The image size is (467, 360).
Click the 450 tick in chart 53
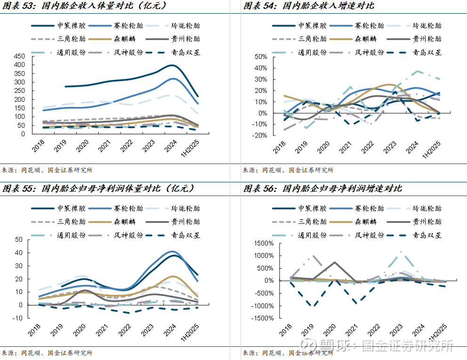pyautogui.click(x=19, y=56)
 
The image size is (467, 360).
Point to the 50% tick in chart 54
pyautogui.click(x=260, y=56)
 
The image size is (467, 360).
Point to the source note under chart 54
pyautogui.click(x=288, y=170)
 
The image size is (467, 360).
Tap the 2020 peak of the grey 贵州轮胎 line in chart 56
pyautogui.click(x=334, y=262)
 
